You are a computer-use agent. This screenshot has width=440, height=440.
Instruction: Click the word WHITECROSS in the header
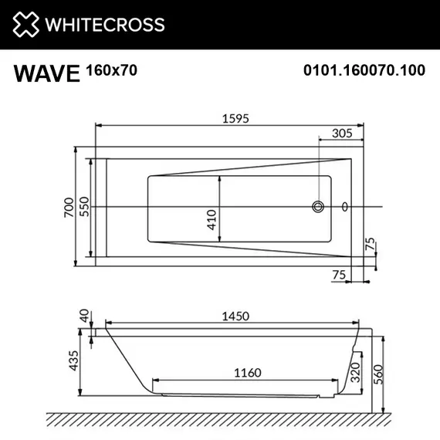[106, 25]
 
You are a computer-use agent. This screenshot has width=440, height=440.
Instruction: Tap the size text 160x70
[111, 70]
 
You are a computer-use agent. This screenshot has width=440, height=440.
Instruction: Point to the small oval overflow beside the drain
[344, 207]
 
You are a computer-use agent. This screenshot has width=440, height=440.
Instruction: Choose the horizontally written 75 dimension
[337, 273]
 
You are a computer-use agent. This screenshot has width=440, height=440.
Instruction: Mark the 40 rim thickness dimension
[83, 315]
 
